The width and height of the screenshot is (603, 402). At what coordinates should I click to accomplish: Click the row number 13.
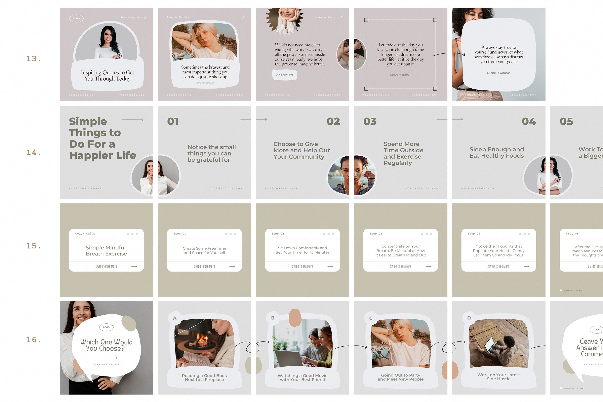pyautogui.click(x=33, y=59)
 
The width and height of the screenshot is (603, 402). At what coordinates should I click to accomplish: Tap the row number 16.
pyautogui.click(x=33, y=340)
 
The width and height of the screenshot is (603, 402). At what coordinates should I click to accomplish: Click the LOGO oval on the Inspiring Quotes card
pyautogui.click(x=76, y=18)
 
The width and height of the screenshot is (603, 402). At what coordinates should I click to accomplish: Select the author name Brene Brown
pyautogui.click(x=205, y=83)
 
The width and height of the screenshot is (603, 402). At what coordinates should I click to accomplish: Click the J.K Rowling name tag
pyautogui.click(x=284, y=75)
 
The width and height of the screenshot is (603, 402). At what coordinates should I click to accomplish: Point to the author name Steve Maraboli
pyautogui.click(x=400, y=75)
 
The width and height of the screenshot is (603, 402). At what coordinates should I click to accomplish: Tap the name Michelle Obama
pyautogui.click(x=498, y=73)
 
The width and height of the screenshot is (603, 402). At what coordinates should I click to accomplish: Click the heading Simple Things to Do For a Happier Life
pyautogui.click(x=102, y=138)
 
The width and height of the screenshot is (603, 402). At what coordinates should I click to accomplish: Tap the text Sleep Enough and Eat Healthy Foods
pyautogui.click(x=497, y=153)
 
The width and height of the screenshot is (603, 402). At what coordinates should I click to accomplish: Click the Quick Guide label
pyautogui.click(x=85, y=234)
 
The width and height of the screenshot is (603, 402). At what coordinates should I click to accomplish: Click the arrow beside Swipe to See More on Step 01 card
pyautogui.click(x=232, y=266)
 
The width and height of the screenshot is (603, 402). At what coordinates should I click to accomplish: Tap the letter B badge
pyautogui.click(x=273, y=318)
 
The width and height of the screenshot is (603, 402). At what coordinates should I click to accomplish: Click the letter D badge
pyautogui.click(x=469, y=318)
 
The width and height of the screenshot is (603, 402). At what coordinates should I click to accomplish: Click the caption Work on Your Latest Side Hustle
pyautogui.click(x=498, y=377)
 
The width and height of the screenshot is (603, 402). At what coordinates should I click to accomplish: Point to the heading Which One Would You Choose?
pyautogui.click(x=106, y=345)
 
